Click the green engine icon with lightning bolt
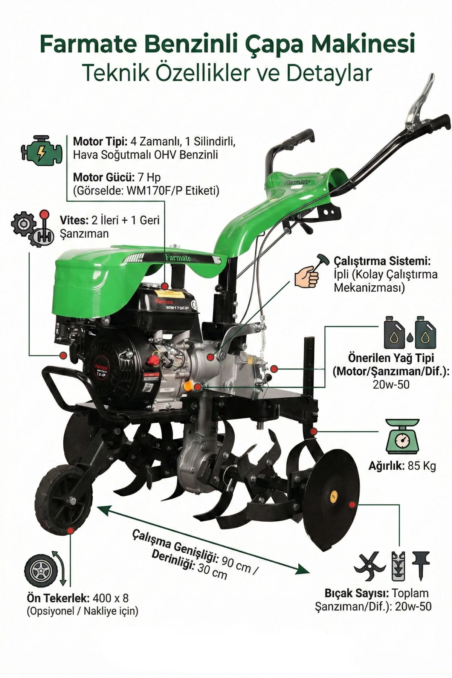[41, 150]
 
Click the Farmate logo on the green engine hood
[178, 258]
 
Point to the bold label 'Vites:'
[74, 220]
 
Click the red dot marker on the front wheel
[70, 531]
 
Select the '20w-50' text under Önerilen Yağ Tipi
[391, 384]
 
